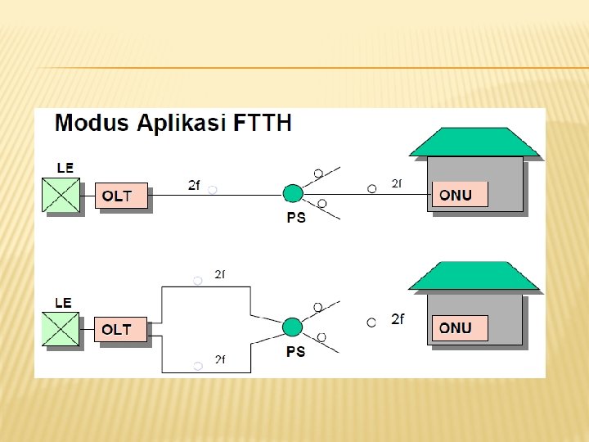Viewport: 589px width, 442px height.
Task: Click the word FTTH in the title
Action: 263,124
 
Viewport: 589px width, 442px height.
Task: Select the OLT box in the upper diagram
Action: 122,196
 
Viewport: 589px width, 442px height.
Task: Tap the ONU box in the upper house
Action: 460,194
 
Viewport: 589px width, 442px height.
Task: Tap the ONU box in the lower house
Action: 460,328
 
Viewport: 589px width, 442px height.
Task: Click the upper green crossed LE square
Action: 62,195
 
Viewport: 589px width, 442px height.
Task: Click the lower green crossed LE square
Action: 62,329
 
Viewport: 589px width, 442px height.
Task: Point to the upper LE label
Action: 65,168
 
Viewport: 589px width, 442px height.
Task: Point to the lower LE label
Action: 63,303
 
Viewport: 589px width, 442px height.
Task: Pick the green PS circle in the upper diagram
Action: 293,193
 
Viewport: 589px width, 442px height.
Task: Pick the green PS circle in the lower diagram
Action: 292,327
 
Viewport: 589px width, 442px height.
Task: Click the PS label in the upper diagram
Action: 296,219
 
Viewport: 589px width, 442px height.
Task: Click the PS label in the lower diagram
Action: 295,352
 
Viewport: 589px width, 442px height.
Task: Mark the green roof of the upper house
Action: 474,142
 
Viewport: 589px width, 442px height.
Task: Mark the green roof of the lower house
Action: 474,277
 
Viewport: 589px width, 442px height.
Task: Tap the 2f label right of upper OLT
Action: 194,186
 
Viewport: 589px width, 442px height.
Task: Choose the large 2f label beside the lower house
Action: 397,319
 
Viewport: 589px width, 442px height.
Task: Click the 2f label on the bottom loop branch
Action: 220,359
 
